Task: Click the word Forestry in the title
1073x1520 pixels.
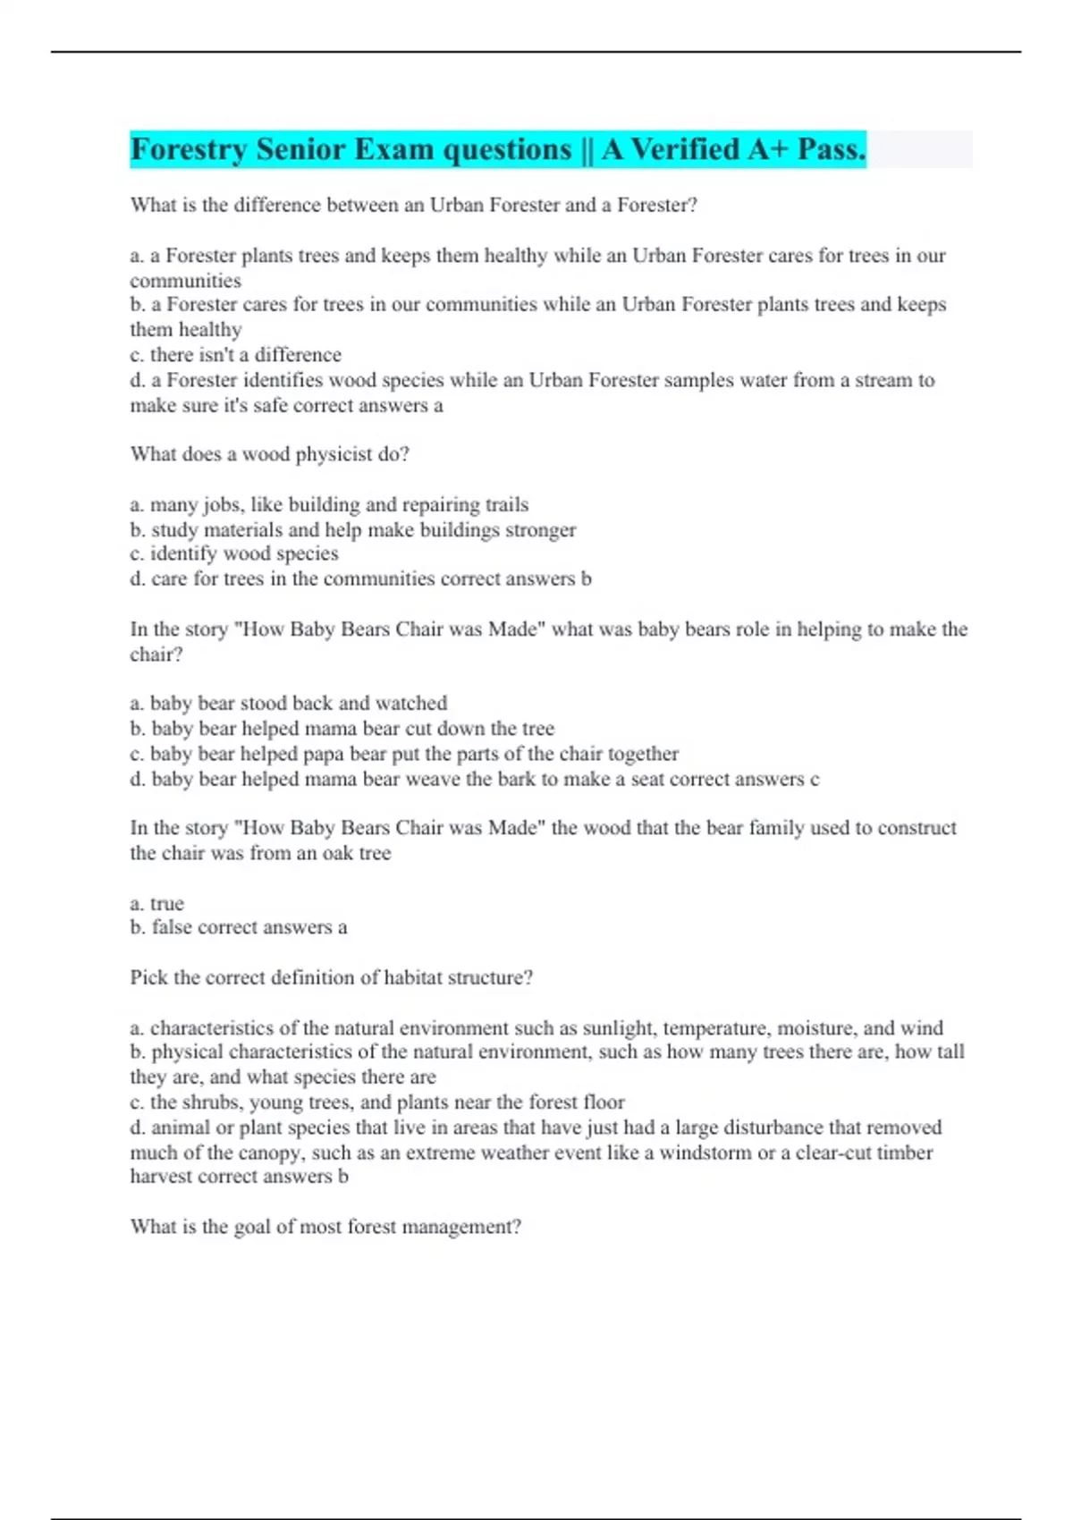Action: point(189,150)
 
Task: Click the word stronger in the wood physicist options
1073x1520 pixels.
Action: point(540,530)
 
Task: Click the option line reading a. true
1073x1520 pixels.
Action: point(157,903)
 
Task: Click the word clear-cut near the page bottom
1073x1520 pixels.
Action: point(832,1153)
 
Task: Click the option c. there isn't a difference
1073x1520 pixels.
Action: point(236,355)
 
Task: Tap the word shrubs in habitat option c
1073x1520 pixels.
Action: point(210,1102)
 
